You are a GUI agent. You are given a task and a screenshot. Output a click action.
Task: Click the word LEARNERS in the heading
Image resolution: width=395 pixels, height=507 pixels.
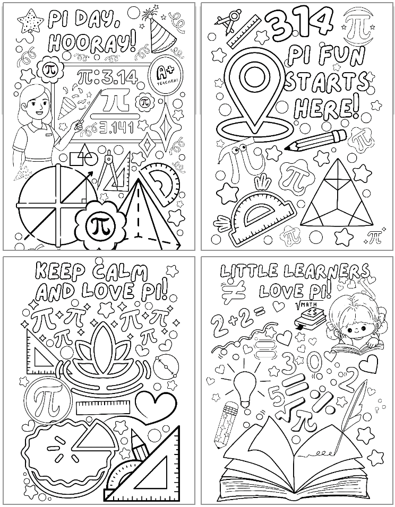tap(325, 272)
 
